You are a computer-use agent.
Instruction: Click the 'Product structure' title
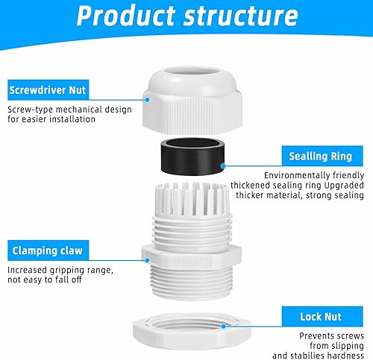tap(187, 16)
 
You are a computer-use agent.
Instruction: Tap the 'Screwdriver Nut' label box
tap(48, 90)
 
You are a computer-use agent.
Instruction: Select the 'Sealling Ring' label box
tap(322, 156)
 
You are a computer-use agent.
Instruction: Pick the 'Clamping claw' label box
tap(48, 250)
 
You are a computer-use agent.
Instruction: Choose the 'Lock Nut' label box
tap(322, 317)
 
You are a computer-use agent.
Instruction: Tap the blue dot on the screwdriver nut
tap(147, 100)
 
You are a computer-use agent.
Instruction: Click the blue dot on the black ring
tap(223, 165)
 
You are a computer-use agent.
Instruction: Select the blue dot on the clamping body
tap(147, 260)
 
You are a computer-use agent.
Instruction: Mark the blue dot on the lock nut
tap(224, 326)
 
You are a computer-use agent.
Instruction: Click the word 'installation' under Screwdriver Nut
tap(72, 119)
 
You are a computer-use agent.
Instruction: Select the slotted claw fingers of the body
tap(192, 199)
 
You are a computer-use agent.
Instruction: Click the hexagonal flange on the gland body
tap(192, 257)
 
